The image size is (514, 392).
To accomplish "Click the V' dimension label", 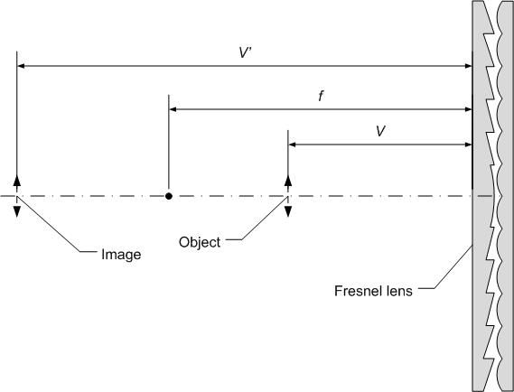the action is tap(245, 52).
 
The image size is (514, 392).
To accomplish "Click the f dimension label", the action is tap(321, 96).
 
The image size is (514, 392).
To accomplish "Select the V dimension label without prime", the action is tap(380, 132).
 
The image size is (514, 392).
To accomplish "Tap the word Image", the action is tap(121, 255).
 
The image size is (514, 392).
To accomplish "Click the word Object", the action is tap(200, 242).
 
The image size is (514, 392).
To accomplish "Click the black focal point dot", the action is tap(169, 196).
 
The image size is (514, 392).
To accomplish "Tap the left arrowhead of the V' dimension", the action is tap(21, 66).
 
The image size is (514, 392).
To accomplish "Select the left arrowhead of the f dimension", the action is tap(173, 109).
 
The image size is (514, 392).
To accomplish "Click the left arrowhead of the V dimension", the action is tap(292, 145).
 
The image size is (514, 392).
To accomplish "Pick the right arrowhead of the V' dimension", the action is tap(469, 66).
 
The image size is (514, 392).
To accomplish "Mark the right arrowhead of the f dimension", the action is tap(469, 109).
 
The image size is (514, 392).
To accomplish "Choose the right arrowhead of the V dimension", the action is tap(469, 145).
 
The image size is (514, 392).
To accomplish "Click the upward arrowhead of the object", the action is tap(288, 181).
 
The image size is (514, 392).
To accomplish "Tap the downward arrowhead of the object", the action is tap(288, 211).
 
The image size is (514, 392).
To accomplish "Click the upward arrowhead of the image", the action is tap(17, 181).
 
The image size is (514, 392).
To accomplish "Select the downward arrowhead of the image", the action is tap(17, 211).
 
